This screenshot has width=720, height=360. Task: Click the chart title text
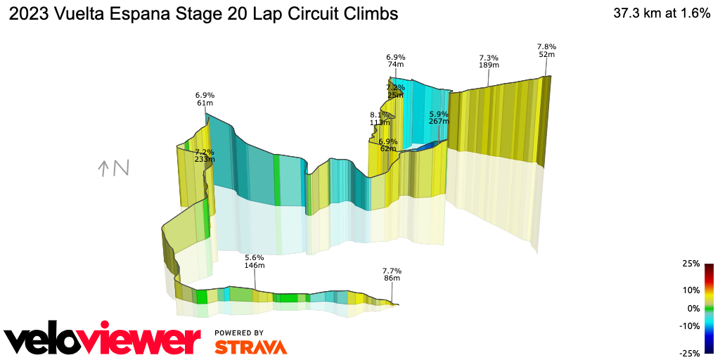(x=203, y=13)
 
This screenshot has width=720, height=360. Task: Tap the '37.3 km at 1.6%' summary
(x=662, y=13)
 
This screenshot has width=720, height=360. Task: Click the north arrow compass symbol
(x=113, y=168)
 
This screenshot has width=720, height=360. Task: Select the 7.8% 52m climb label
(x=546, y=50)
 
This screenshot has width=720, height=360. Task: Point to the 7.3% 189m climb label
(x=489, y=61)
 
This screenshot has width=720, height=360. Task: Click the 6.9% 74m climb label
(x=396, y=60)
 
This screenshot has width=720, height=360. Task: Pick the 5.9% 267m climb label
(x=439, y=117)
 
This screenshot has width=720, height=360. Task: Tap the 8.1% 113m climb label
(x=380, y=118)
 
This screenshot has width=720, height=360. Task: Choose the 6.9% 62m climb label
(x=388, y=145)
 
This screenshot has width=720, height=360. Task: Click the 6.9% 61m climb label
(x=205, y=98)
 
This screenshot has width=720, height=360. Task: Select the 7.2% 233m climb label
(x=204, y=155)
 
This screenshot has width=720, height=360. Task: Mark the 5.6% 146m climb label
(x=254, y=262)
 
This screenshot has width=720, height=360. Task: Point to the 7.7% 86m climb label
(x=392, y=275)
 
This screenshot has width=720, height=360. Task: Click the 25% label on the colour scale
(x=691, y=264)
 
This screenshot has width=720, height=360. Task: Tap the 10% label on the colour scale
(x=691, y=290)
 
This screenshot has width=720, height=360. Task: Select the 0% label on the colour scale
(x=693, y=308)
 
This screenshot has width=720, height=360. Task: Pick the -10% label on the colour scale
(x=690, y=326)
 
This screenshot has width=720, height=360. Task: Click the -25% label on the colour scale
(x=690, y=353)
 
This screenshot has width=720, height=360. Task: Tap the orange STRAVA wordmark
(x=250, y=347)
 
